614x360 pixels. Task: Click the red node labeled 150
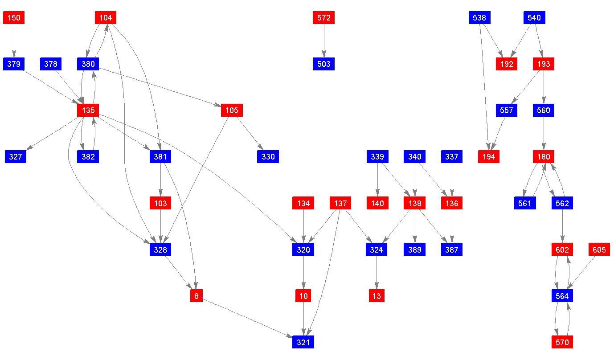click(x=14, y=18)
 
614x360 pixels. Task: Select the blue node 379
click(x=14, y=64)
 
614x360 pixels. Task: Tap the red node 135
click(x=88, y=110)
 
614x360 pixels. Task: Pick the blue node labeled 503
click(x=323, y=64)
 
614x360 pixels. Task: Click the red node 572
click(x=323, y=18)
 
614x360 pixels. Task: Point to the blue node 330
click(x=268, y=157)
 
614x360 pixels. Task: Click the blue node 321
click(x=303, y=342)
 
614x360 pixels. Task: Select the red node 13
click(x=377, y=296)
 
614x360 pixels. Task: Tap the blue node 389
click(x=415, y=250)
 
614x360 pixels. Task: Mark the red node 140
click(x=377, y=203)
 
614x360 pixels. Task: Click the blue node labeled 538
click(x=479, y=18)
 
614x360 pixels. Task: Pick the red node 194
click(x=489, y=157)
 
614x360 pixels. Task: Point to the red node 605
click(x=599, y=250)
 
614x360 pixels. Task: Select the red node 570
click(x=562, y=342)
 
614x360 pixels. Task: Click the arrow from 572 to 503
click(x=323, y=41)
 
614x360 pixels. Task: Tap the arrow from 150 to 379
click(x=14, y=41)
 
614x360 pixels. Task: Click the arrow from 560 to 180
click(x=544, y=134)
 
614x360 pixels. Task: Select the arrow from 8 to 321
click(x=250, y=319)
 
